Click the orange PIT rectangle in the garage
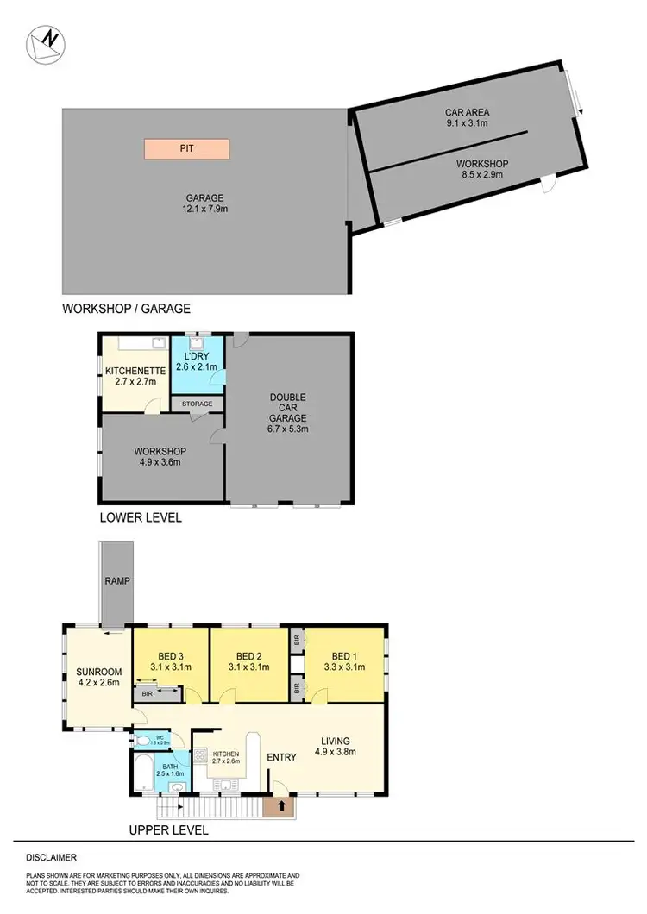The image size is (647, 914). (x=186, y=148)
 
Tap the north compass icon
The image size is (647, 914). (x=43, y=44)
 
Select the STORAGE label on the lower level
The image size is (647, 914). (x=197, y=404)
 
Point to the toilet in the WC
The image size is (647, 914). (x=143, y=740)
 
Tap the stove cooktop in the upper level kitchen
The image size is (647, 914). (x=200, y=755)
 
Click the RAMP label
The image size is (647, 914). (x=116, y=581)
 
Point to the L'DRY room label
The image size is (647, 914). (x=198, y=356)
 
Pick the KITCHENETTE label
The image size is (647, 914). (x=130, y=371)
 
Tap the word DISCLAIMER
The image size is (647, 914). (x=52, y=858)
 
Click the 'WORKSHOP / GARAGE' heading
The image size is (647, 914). (x=126, y=308)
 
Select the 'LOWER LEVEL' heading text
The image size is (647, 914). (x=139, y=519)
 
